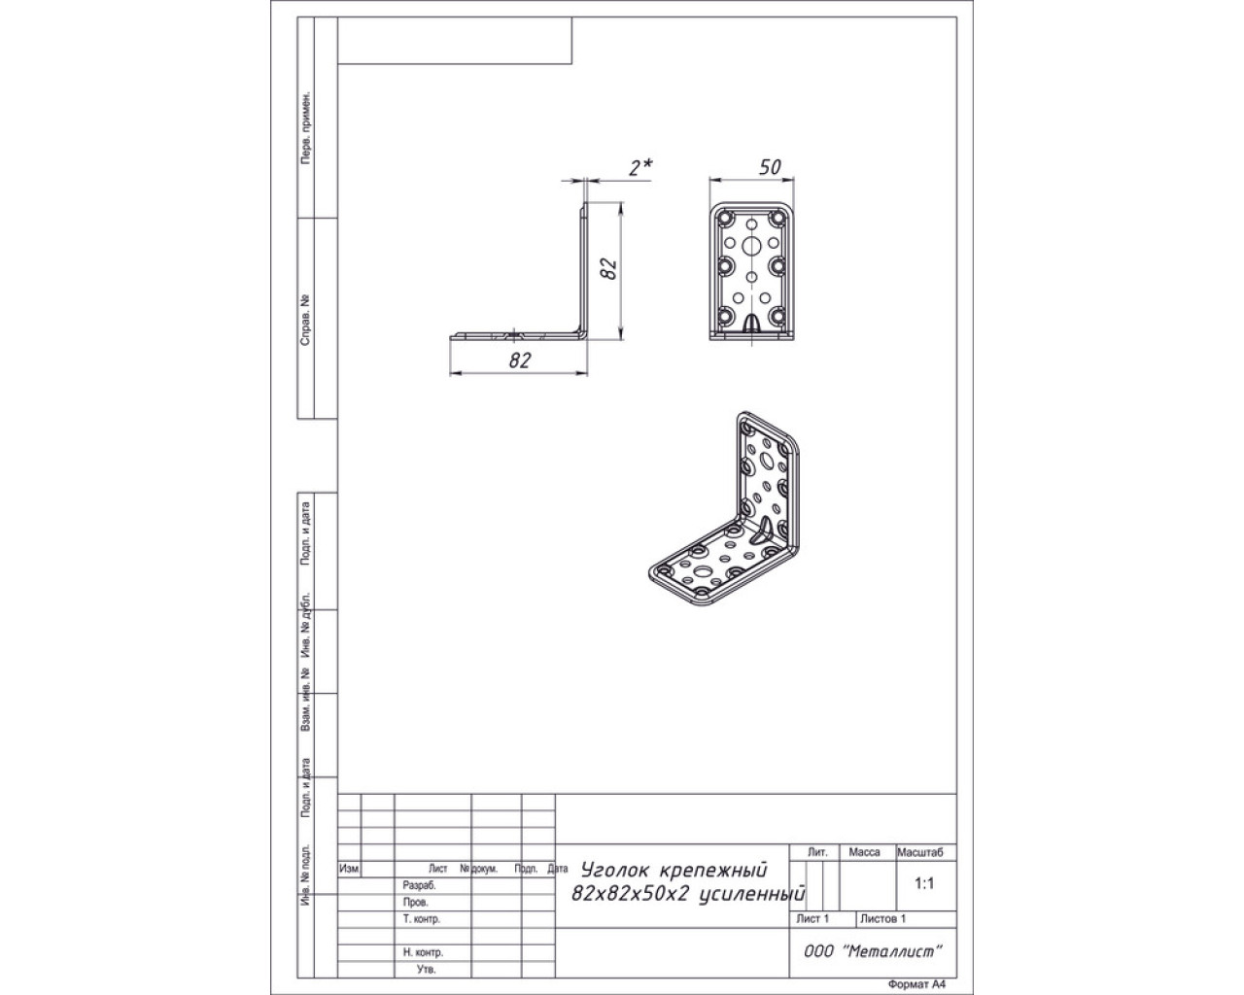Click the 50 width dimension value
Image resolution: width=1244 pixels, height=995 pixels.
(770, 168)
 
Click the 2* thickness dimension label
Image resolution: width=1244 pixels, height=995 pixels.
(640, 168)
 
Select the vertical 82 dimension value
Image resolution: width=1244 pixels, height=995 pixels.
(608, 269)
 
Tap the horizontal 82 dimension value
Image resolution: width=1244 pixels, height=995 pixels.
(519, 360)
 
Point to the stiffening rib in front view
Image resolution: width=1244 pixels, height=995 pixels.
(751, 323)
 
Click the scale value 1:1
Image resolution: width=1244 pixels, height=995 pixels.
(923, 883)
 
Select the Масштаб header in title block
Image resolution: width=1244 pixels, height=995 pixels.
(919, 852)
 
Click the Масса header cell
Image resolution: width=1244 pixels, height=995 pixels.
(864, 852)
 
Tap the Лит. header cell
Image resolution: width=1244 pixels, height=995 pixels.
(817, 852)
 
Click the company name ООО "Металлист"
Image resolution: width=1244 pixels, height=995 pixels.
(873, 951)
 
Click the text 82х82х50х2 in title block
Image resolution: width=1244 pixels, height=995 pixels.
(631, 895)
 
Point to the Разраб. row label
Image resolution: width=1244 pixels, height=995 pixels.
(419, 886)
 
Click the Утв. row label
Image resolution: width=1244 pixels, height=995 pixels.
(426, 970)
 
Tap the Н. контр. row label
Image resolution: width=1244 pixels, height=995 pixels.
(423, 952)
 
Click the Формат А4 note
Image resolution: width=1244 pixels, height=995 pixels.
(917, 984)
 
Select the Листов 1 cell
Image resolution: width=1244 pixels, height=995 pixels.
(882, 918)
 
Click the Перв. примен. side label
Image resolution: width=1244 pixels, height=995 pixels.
(305, 127)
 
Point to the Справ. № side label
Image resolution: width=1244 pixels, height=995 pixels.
(305, 321)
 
